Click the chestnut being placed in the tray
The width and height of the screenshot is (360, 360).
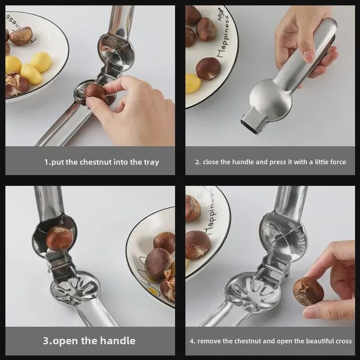[95, 92]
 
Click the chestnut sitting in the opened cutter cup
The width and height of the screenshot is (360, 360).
[59, 238]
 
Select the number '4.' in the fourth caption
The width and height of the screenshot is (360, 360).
[193, 341]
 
